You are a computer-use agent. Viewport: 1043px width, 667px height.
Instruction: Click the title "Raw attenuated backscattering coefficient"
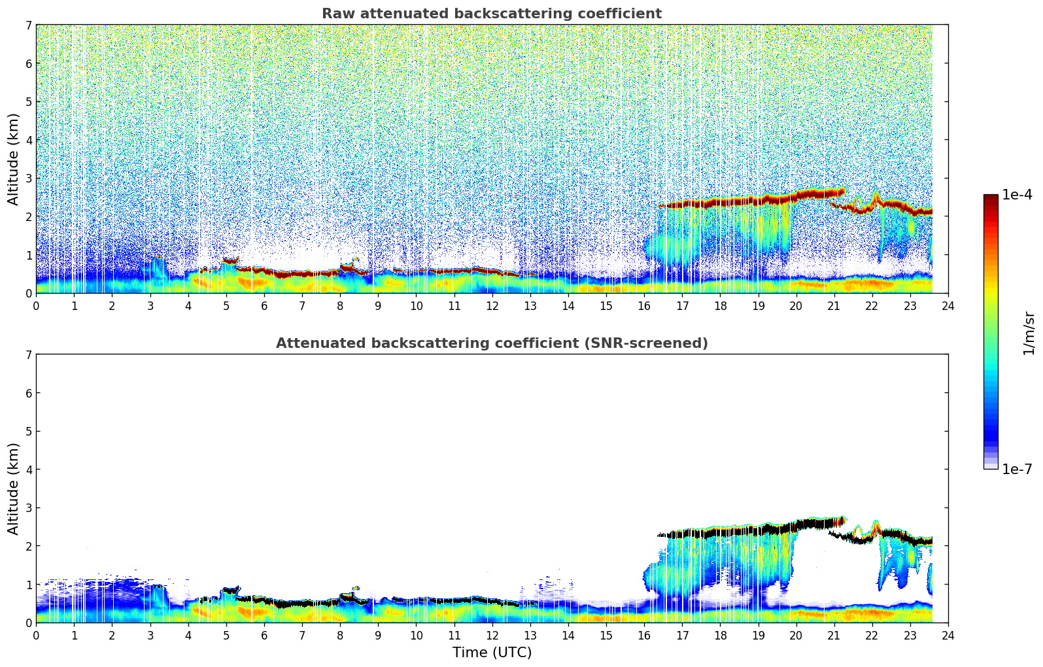[x=491, y=14]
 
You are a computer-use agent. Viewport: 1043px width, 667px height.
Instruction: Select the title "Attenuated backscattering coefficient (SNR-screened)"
[x=491, y=343]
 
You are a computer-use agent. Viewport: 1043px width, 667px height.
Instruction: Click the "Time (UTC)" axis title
[x=492, y=653]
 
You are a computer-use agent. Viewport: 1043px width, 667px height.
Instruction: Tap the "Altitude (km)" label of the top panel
[x=13, y=159]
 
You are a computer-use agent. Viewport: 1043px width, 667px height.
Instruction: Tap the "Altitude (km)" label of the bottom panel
[x=13, y=488]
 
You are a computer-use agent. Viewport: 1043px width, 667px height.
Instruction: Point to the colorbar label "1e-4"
[x=1017, y=195]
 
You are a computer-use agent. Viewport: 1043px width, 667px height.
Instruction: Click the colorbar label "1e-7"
[x=1017, y=470]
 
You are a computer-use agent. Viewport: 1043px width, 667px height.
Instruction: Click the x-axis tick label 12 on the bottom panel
[x=492, y=636]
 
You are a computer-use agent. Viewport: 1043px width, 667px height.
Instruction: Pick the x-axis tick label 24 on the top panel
[x=948, y=306]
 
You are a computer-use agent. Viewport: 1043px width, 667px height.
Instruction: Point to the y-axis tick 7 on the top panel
[x=29, y=25]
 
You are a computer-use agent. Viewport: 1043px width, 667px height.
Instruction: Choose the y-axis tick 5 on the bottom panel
[x=29, y=432]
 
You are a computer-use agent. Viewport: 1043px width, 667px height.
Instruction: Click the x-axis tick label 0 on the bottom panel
[x=36, y=636]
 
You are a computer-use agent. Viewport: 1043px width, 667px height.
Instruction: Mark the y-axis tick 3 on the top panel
[x=29, y=179]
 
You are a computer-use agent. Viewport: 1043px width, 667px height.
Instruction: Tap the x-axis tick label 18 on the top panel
[x=720, y=306]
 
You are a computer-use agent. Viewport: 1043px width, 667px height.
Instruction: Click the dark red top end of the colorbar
[x=991, y=198]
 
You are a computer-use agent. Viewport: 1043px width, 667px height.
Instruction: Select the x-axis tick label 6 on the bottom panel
[x=264, y=636]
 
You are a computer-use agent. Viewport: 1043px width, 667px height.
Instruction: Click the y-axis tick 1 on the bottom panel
[x=29, y=585]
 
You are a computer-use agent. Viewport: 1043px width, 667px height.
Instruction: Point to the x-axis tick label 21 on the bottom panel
[x=834, y=636]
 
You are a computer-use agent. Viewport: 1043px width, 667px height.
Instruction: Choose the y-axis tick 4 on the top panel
[x=29, y=140]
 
